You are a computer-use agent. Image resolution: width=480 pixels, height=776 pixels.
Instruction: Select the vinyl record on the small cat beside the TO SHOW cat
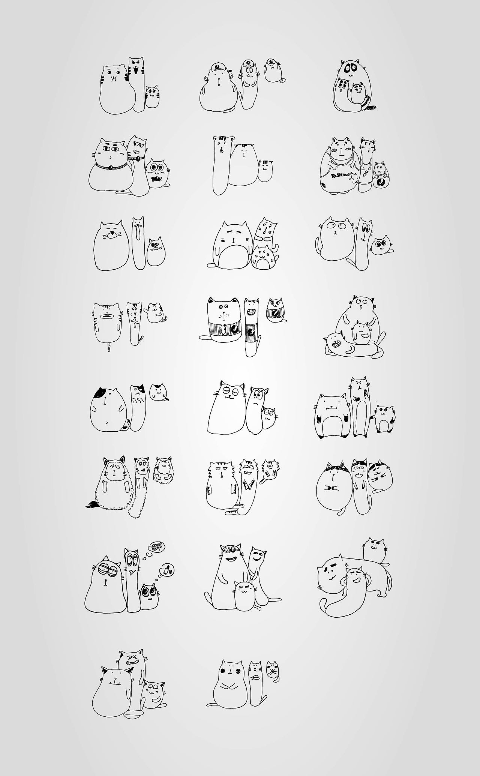coord(380,184)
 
